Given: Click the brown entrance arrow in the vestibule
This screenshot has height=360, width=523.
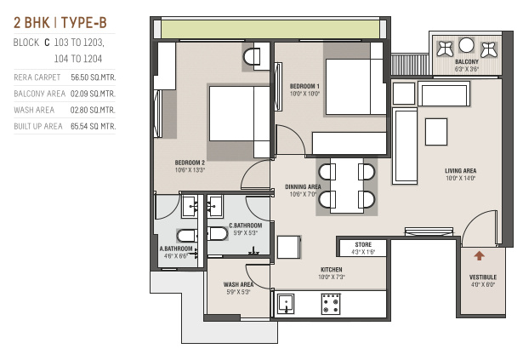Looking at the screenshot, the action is (x=480, y=256).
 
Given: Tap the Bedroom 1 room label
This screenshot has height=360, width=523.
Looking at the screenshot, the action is (x=304, y=86).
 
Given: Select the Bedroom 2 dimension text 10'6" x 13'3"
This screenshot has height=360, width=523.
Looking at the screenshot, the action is (x=190, y=170).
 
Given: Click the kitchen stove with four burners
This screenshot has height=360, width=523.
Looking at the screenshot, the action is (x=331, y=304).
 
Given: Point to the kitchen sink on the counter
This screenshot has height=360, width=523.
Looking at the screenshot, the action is (x=286, y=304).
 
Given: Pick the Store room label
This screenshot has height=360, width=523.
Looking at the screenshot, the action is (x=363, y=244).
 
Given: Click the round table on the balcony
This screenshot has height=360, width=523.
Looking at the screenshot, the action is (x=466, y=45).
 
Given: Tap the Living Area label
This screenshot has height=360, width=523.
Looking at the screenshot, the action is (x=460, y=171).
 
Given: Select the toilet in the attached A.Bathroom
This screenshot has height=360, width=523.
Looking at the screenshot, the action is (x=187, y=236).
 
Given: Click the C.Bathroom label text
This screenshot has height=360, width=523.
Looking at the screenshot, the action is (x=245, y=226).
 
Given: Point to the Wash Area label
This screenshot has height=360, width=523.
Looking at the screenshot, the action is (x=238, y=284).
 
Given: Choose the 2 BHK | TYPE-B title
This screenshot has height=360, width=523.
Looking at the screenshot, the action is (x=60, y=23).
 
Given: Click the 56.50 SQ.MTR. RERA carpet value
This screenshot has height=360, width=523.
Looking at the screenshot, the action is (x=93, y=77).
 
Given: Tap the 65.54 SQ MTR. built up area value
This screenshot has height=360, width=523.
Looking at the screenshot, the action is (x=93, y=126).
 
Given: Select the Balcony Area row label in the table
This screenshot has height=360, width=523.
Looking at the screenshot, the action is (x=39, y=94).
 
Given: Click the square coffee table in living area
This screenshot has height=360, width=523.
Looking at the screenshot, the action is (x=436, y=132).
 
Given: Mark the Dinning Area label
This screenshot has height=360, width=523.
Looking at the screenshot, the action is (x=303, y=186).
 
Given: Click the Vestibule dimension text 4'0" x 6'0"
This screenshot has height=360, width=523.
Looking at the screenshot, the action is (x=483, y=284).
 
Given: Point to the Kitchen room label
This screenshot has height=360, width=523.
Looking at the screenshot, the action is (x=331, y=270).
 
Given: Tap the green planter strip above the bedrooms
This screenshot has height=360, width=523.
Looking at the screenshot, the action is (x=270, y=29).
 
